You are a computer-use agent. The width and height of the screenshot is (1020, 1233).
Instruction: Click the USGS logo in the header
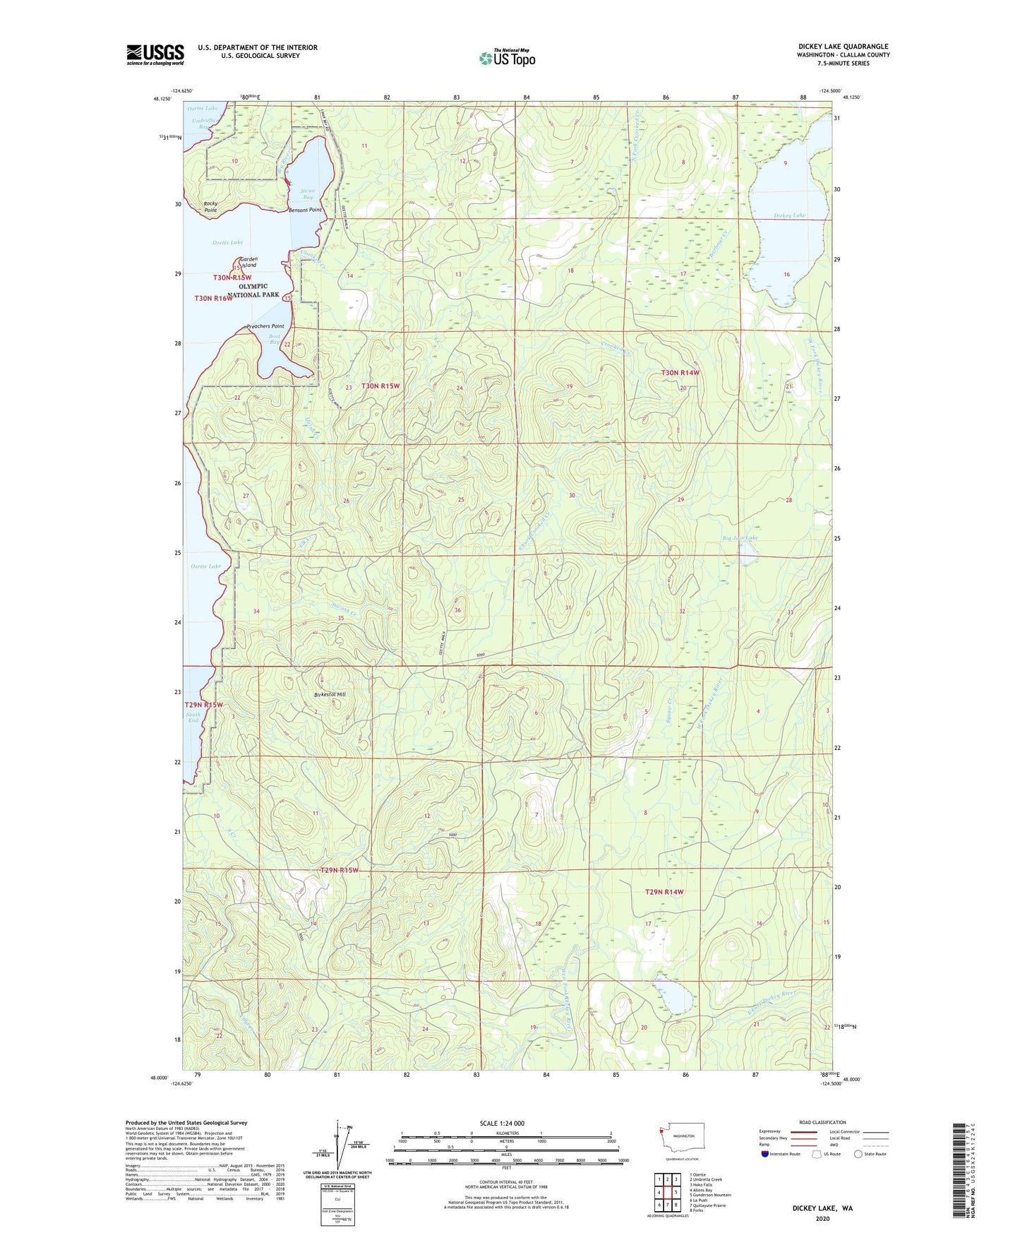pos(155,54)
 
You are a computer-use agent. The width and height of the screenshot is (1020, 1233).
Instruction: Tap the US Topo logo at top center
pos(507,58)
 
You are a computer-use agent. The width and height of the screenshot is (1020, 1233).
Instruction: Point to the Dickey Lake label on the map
pos(789,215)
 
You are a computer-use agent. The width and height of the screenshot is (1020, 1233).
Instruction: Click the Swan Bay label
pos(307,193)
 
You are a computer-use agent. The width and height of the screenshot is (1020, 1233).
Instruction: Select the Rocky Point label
pos(210,206)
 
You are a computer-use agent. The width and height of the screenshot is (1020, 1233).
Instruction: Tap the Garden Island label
pos(248,262)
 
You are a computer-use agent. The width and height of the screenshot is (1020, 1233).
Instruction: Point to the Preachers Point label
pos(265,326)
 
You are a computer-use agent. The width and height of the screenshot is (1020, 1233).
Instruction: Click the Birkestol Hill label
pos(330,695)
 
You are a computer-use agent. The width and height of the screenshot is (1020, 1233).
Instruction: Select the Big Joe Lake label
pos(740,538)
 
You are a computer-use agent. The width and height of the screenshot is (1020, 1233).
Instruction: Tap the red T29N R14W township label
pos(664,892)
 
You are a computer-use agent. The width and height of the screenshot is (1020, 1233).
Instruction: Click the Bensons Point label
pos(305,210)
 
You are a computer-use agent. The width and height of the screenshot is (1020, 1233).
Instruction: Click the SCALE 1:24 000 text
pos(502,1123)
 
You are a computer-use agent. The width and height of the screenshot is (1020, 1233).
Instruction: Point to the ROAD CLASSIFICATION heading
pos(822,1122)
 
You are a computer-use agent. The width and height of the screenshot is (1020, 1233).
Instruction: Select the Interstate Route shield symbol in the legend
pos(765,1154)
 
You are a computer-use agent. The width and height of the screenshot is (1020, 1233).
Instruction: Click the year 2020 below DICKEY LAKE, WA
pos(822,1218)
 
